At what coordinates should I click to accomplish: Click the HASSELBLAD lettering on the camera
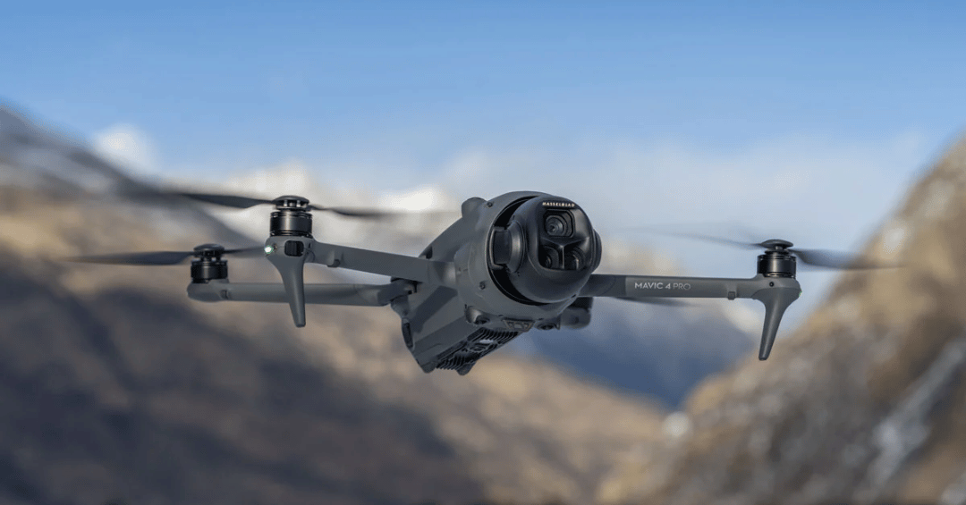[x=558, y=205]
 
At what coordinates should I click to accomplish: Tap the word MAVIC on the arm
[x=648, y=286]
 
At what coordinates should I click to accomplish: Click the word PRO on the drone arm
[x=682, y=286]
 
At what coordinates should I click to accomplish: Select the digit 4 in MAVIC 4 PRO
[x=668, y=286]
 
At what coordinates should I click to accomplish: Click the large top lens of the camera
[x=558, y=225]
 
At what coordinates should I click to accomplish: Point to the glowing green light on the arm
[x=268, y=249]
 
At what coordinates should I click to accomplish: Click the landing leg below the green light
[x=295, y=290]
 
